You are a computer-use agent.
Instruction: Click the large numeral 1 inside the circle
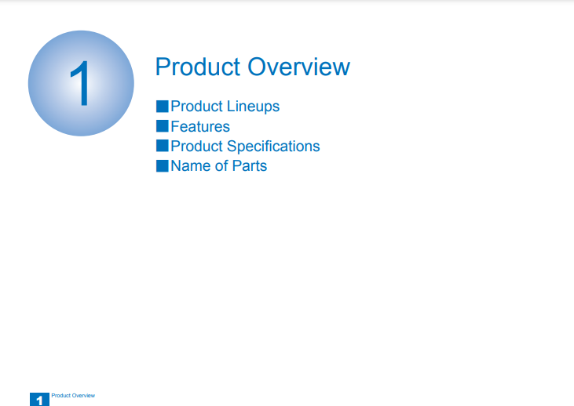click(x=81, y=83)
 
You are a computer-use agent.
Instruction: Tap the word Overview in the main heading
click(x=298, y=67)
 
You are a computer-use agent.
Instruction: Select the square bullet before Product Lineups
click(x=163, y=107)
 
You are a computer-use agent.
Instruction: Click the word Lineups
click(x=253, y=107)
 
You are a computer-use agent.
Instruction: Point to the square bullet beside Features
click(x=163, y=126)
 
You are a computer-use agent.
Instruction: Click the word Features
click(x=200, y=126)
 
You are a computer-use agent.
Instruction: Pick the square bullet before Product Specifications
click(x=163, y=146)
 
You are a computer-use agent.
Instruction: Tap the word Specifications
click(x=273, y=147)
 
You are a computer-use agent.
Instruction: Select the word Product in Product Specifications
click(x=197, y=146)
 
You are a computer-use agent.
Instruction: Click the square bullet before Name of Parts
click(x=163, y=166)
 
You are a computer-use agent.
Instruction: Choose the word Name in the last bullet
click(x=191, y=166)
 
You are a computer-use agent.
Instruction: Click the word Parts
click(x=250, y=166)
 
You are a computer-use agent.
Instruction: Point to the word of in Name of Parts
click(x=221, y=166)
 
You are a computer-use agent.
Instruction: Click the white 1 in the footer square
click(x=39, y=401)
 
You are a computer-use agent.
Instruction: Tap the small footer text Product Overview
click(x=73, y=395)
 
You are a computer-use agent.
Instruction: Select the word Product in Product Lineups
click(x=197, y=107)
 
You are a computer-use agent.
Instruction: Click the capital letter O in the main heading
click(x=258, y=67)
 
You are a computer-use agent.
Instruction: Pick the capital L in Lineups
click(x=231, y=107)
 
